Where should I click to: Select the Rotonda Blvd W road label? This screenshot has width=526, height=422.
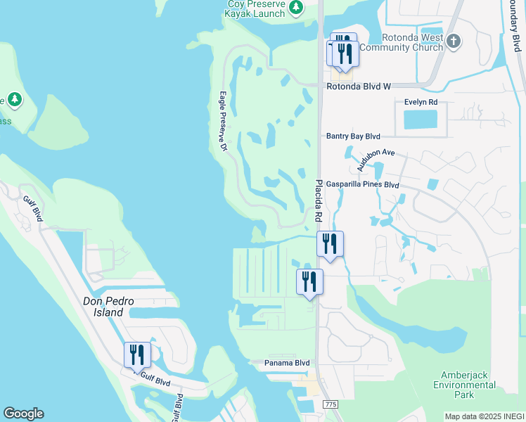[x=358, y=87]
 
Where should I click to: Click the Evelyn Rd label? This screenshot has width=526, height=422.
[x=421, y=102]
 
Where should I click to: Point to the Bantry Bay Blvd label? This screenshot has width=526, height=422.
[x=353, y=136]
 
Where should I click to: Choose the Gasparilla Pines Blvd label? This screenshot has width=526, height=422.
[x=362, y=185]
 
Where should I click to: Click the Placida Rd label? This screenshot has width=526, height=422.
[x=319, y=199]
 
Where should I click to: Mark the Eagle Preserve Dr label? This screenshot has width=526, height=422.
[x=223, y=122]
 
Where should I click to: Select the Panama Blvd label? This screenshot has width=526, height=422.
[x=287, y=363]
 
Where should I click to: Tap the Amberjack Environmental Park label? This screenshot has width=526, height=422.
[x=464, y=385]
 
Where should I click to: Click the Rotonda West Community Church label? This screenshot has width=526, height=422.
[x=411, y=42]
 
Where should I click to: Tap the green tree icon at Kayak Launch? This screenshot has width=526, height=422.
[x=297, y=7]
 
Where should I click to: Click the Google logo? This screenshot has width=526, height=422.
[x=23, y=414]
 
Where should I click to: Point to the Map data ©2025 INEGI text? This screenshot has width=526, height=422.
[x=485, y=416]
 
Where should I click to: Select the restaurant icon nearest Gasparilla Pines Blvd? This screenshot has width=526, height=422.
[x=330, y=243]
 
